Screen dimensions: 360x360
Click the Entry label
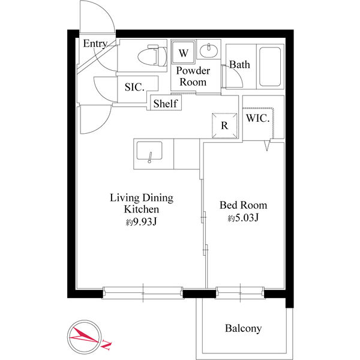tap(95, 44)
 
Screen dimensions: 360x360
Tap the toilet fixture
tap(152, 56)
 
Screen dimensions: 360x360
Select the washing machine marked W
tap(184, 52)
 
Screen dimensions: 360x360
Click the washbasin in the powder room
tap(208, 50)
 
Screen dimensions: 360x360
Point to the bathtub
tap(270, 67)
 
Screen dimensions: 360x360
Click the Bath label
tap(239, 65)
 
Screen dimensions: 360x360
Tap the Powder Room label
tap(193, 76)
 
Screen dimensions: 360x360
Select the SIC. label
tap(134, 87)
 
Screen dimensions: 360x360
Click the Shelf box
tap(166, 103)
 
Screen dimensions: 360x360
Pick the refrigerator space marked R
tap(224, 125)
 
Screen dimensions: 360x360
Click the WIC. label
tap(257, 118)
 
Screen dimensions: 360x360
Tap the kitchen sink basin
tap(149, 151)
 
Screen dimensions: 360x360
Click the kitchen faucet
tap(150, 157)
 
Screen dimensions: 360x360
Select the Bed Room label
tap(244, 205)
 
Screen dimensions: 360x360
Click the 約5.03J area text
tap(243, 217)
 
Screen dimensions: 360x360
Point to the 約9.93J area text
tap(141, 222)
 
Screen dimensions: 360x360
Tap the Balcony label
tap(244, 328)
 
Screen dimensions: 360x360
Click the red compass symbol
tap(84, 337)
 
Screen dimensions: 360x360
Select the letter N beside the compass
tap(106, 344)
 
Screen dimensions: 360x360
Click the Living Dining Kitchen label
tap(142, 203)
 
